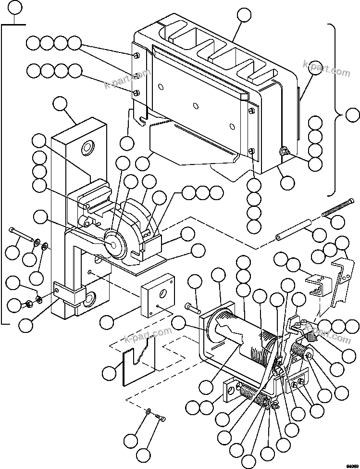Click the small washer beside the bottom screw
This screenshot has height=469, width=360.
149,412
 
